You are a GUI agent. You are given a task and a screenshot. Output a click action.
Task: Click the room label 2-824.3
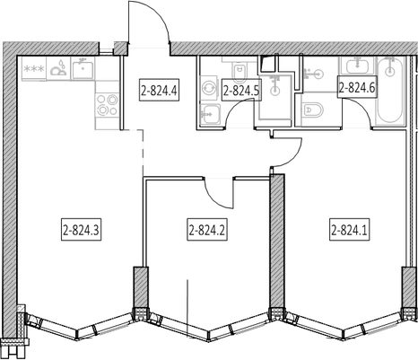tap(82, 231)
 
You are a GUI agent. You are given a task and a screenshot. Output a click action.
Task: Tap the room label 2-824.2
tap(207, 231)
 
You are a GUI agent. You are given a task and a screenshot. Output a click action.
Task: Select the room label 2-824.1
tap(350, 231)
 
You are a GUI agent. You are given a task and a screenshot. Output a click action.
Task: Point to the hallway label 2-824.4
tap(160, 90)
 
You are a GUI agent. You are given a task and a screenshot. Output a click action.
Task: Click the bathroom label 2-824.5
tap(241, 90)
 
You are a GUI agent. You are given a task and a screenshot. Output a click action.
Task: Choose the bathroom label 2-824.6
tap(357, 88)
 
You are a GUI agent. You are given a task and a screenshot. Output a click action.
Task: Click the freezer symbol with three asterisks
tap(34, 69)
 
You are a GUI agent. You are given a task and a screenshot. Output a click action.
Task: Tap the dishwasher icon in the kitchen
tap(58, 69)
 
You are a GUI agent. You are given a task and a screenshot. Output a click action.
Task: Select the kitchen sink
tap(83, 69)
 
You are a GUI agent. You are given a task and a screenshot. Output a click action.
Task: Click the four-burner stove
tap(108, 105)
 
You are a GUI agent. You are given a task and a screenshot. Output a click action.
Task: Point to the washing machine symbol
tap(208, 89)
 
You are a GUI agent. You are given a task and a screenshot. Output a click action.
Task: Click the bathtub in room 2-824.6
tap(389, 90)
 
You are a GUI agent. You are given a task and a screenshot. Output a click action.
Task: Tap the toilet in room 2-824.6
tap(313, 110)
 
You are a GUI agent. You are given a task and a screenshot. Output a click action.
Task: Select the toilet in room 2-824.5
tap(239, 71)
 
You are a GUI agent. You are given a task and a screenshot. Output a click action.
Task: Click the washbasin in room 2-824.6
tap(357, 66)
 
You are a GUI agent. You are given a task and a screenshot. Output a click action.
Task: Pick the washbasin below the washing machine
tap(211, 114)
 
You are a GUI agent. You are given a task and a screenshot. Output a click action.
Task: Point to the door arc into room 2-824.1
tap(293, 157)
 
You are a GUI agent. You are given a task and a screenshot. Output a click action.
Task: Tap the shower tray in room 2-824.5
tap(275, 98)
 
